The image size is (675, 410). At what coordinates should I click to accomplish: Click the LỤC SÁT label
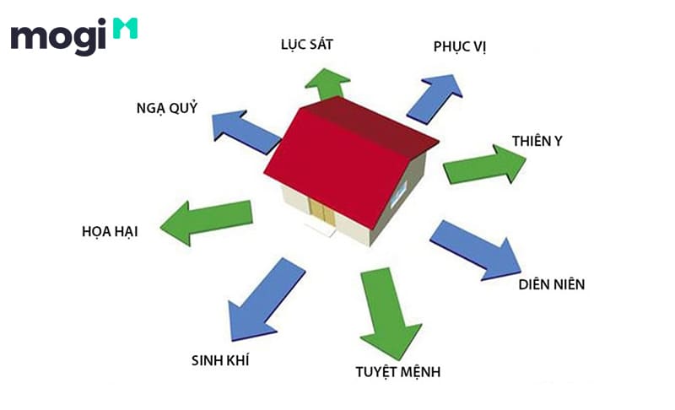pyautogui.click(x=307, y=45)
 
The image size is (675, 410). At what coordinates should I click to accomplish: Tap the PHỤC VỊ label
pyautogui.click(x=460, y=47)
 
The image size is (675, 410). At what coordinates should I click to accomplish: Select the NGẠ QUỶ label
pyautogui.click(x=167, y=107)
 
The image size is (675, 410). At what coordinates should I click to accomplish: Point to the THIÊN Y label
pyautogui.click(x=537, y=141)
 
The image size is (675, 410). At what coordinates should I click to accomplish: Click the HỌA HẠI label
pyautogui.click(x=110, y=231)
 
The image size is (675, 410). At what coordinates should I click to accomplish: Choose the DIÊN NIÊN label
pyautogui.click(x=552, y=284)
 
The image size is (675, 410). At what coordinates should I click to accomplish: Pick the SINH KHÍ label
pyautogui.click(x=220, y=360)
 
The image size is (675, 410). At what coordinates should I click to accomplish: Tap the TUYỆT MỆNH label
pyautogui.click(x=397, y=372)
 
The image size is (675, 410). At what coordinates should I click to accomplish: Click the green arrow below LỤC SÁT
pyautogui.click(x=327, y=84)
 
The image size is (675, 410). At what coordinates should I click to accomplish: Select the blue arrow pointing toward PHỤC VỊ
pyautogui.click(x=435, y=99)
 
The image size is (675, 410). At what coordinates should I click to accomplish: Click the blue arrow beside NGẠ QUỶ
pyautogui.click(x=246, y=132)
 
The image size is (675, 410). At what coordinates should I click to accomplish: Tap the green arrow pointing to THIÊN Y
pyautogui.click(x=484, y=165)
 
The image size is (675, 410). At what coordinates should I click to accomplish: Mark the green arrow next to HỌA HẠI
pyautogui.click(x=207, y=223)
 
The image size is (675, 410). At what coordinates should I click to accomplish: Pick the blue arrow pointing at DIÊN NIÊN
pyautogui.click(x=477, y=251)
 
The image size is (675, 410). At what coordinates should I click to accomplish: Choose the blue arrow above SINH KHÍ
pyautogui.click(x=266, y=299)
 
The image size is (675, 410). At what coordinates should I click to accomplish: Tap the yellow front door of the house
pyautogui.click(x=321, y=213)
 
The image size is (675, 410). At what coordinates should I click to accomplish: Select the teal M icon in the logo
pyautogui.click(x=125, y=29)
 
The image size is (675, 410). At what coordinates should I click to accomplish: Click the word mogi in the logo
pyautogui.click(x=58, y=36)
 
